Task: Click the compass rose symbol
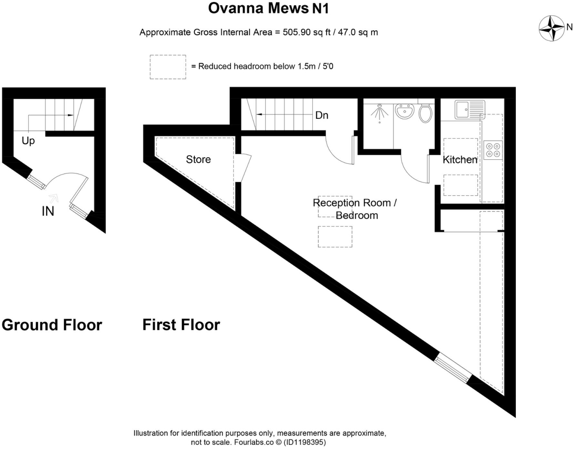[x=551, y=28]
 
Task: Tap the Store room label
[x=198, y=159]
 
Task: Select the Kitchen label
[x=460, y=160]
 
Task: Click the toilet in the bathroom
[x=426, y=113]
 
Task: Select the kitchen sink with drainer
[x=470, y=109]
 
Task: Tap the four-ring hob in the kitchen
[x=493, y=150]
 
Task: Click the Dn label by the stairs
[x=321, y=115]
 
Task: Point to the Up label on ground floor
[x=28, y=141]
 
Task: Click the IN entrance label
[x=48, y=211]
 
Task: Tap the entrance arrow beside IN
[x=53, y=198]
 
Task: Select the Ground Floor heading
[x=52, y=324]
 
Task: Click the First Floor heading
[x=181, y=324]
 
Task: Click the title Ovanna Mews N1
[x=268, y=8]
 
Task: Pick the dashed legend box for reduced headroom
[x=168, y=67]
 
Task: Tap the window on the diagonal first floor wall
[x=452, y=368]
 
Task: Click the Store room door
[x=245, y=168]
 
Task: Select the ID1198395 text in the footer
[x=305, y=442]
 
